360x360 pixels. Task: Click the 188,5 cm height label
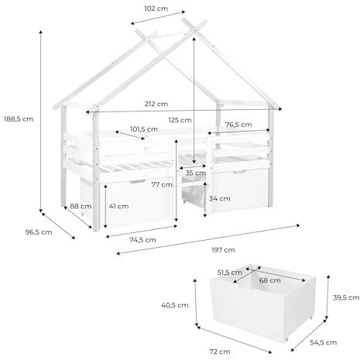point(19,119)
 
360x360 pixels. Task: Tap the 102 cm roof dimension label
point(156,9)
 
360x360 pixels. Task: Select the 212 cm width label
point(156,104)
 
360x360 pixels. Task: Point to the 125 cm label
point(180,120)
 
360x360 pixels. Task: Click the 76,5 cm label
point(238,125)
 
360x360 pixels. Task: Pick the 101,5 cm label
point(144,129)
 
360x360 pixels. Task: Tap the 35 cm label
point(196,173)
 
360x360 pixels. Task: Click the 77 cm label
point(162,185)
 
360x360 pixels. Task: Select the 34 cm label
point(220,199)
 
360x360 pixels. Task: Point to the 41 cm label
point(118,206)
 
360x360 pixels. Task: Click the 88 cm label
point(81,206)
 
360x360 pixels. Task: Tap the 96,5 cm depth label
point(39,232)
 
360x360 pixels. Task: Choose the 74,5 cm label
point(142,240)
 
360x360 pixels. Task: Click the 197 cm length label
point(223,250)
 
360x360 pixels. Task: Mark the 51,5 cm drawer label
point(229,273)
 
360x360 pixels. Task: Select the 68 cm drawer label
point(270,280)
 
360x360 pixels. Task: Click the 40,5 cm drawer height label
point(175,305)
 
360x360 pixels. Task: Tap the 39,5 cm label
point(346,297)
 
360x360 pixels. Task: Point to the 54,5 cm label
point(323,342)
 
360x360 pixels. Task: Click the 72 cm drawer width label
point(220,351)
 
